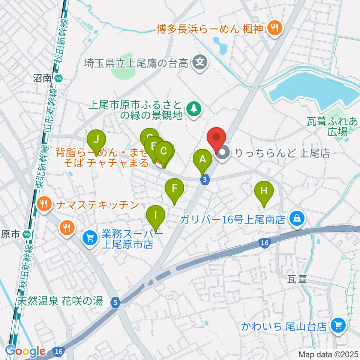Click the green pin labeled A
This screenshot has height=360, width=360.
pos(202,159)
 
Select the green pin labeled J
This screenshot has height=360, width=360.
pos(96,140)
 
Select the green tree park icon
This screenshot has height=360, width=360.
pos(194,109)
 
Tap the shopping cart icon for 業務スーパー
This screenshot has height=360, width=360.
pos(90,237)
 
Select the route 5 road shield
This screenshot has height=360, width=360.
pos(115,302)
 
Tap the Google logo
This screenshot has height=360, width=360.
pos(25,351)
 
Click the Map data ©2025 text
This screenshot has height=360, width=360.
pos(328,354)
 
